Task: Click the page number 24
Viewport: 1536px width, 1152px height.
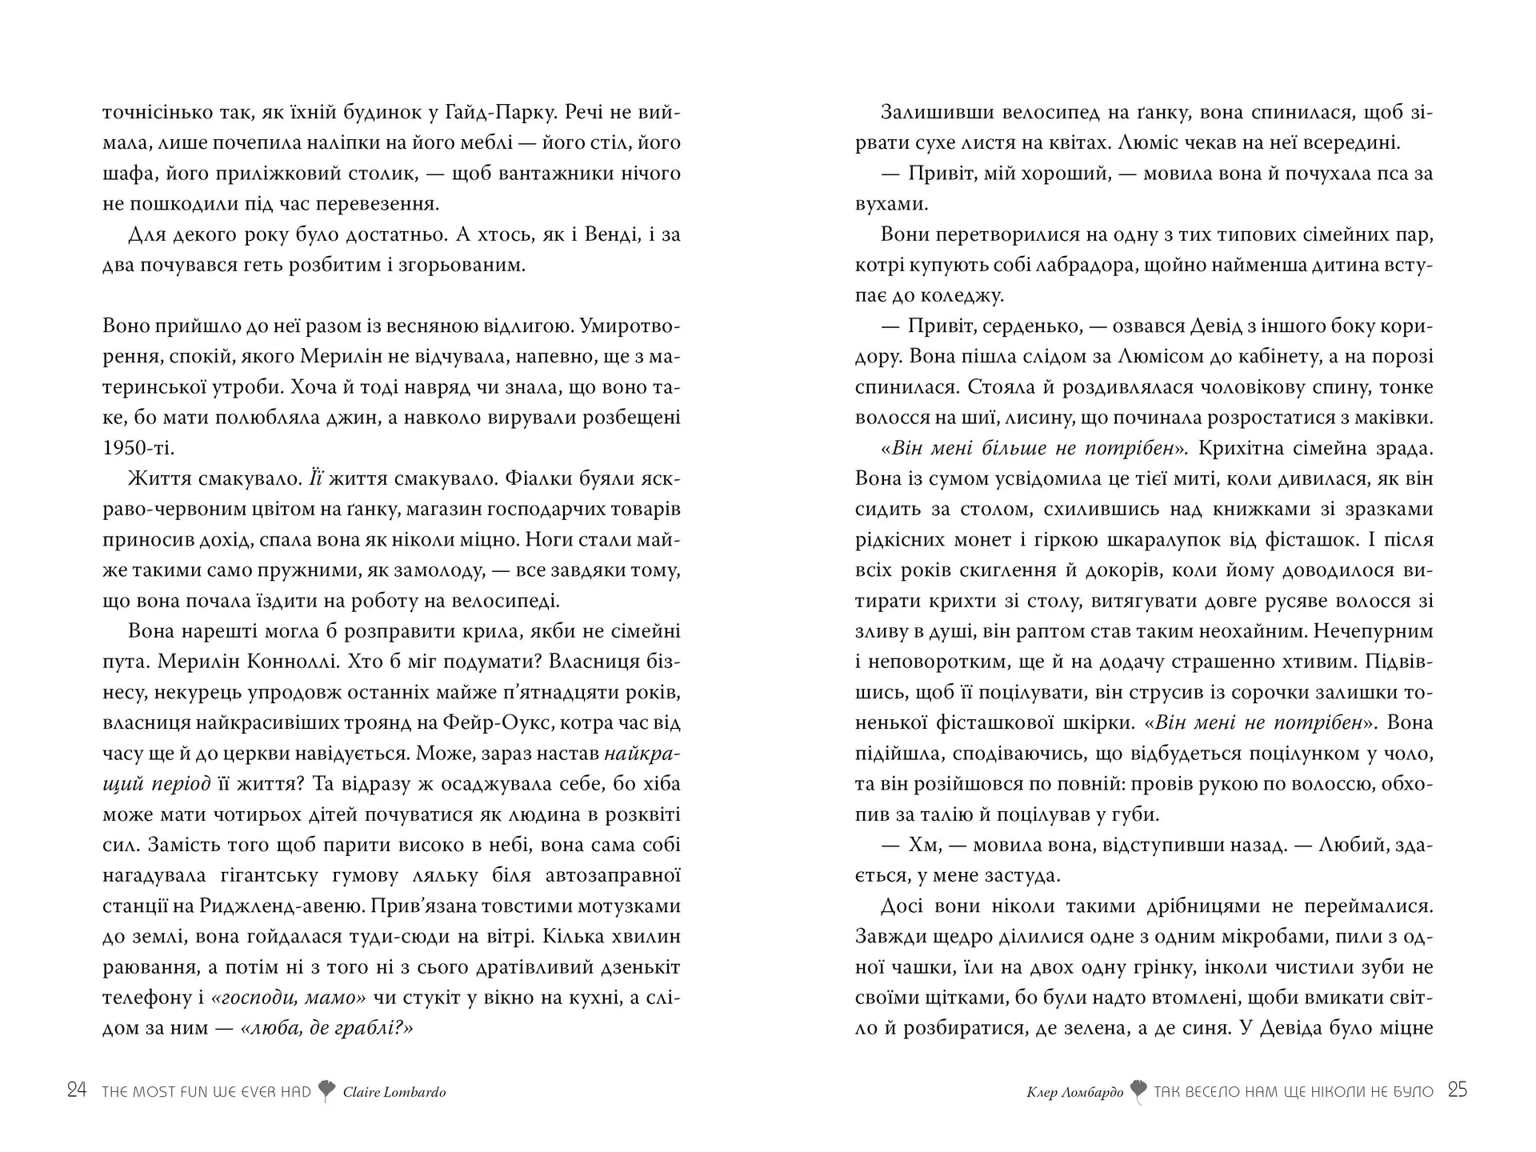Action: coord(77,1090)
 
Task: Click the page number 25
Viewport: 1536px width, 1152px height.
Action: coord(1458,1090)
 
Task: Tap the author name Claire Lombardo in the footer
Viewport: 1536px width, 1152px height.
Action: coord(394,1092)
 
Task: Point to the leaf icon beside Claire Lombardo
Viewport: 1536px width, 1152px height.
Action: coord(326,1091)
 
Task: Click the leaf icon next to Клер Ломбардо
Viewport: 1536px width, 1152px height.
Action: coord(1138,1092)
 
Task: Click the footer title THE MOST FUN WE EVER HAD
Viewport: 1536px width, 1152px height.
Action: coord(206,1092)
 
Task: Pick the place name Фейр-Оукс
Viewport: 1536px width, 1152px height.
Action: coord(489,722)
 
